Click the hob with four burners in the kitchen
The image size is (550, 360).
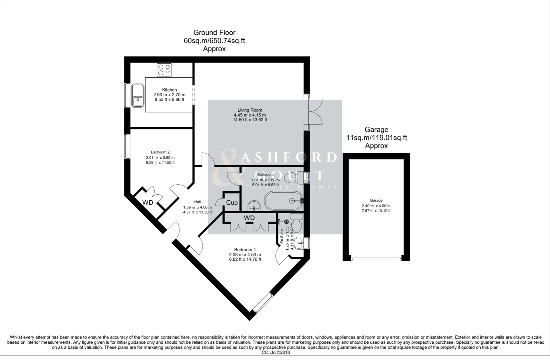pos(164,70)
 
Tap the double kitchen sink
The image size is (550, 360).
pos(137,95)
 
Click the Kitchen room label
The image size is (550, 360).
pos(169,90)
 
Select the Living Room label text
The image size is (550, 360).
pos(250,110)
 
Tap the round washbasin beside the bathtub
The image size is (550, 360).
pos(254,206)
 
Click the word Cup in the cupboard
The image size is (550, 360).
pos(232,203)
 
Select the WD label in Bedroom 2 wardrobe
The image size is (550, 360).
pos(148,203)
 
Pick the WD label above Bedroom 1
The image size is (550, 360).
pos(249,218)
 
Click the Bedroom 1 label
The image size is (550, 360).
pos(245,250)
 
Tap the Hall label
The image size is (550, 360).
pos(197,202)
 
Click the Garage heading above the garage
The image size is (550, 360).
pos(376,129)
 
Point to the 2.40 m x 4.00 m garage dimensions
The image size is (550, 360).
pos(376,206)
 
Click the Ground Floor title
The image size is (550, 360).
pos(214,32)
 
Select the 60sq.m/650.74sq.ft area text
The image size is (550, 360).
pos(214,41)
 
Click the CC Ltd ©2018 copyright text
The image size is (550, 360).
pos(276,352)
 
